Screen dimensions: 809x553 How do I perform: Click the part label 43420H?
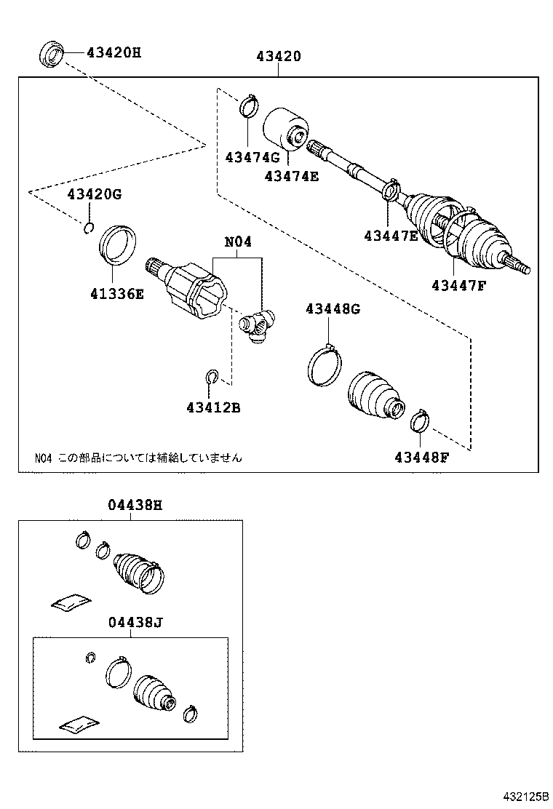[x=114, y=52]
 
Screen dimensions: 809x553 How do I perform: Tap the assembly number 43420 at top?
[x=278, y=57]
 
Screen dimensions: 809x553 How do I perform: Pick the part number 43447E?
[x=391, y=235]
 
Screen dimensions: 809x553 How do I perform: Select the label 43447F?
[x=458, y=285]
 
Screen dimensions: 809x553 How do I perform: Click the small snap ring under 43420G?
[x=88, y=229]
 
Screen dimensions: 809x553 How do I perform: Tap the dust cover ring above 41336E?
[x=116, y=244]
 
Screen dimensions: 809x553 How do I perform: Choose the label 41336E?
[x=117, y=294]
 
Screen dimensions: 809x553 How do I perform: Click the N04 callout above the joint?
[x=237, y=242]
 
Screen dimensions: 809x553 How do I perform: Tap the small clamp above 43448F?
[x=420, y=421]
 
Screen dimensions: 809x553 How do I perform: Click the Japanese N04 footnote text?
[x=138, y=458]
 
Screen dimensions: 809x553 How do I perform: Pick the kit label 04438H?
[x=131, y=505]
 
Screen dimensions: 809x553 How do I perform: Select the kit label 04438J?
[x=131, y=622]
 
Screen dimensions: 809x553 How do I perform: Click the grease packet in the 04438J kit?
[x=79, y=723]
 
